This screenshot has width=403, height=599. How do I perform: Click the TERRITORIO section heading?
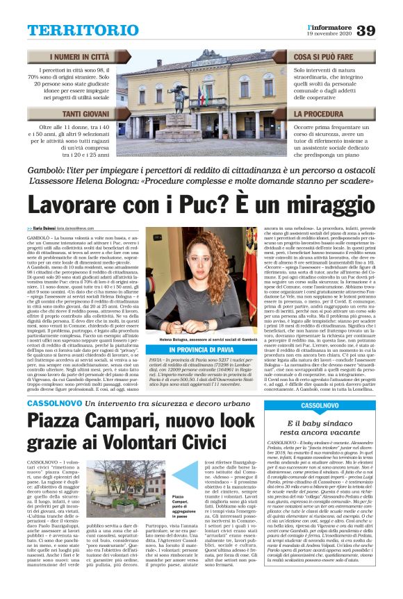point(83,30)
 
